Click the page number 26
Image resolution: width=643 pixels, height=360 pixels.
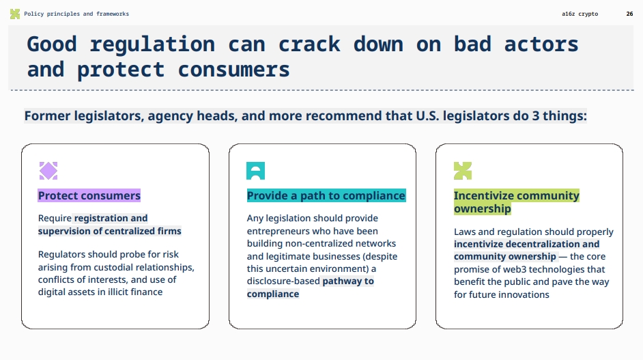click(x=629, y=14)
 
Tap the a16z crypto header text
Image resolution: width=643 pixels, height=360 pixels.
click(x=580, y=14)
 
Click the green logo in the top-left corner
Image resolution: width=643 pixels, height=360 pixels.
click(x=14, y=14)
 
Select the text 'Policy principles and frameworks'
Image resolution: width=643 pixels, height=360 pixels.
click(x=76, y=14)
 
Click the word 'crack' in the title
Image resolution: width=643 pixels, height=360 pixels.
click(x=309, y=44)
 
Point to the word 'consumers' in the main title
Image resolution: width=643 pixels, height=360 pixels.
click(x=233, y=69)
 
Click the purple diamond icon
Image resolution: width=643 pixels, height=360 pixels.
click(x=48, y=171)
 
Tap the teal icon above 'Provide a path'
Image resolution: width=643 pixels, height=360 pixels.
click(x=255, y=171)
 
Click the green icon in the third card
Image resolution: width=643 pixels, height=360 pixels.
click(x=463, y=171)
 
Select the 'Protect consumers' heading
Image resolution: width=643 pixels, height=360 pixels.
click(x=89, y=195)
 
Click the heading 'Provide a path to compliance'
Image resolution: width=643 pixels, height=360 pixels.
click(x=326, y=195)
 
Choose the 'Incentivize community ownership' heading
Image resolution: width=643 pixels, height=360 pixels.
click(x=516, y=202)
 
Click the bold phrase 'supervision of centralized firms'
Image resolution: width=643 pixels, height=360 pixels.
click(x=109, y=231)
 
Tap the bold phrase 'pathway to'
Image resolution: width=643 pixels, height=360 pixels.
click(x=348, y=281)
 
